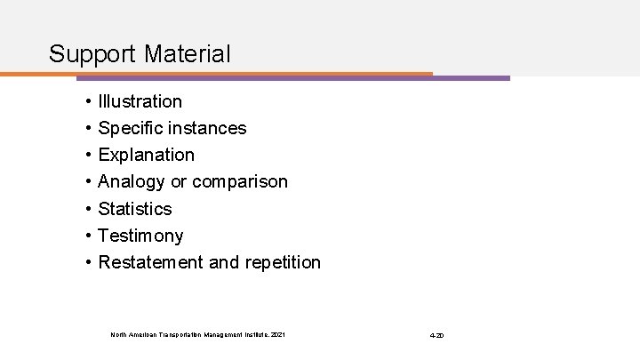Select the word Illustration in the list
[140, 101]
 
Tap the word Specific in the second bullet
[130, 128]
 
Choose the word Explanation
[147, 155]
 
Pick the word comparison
[240, 181]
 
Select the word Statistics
[135, 209]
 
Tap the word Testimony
[141, 236]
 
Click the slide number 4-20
[436, 335]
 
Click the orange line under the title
[222, 73]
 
